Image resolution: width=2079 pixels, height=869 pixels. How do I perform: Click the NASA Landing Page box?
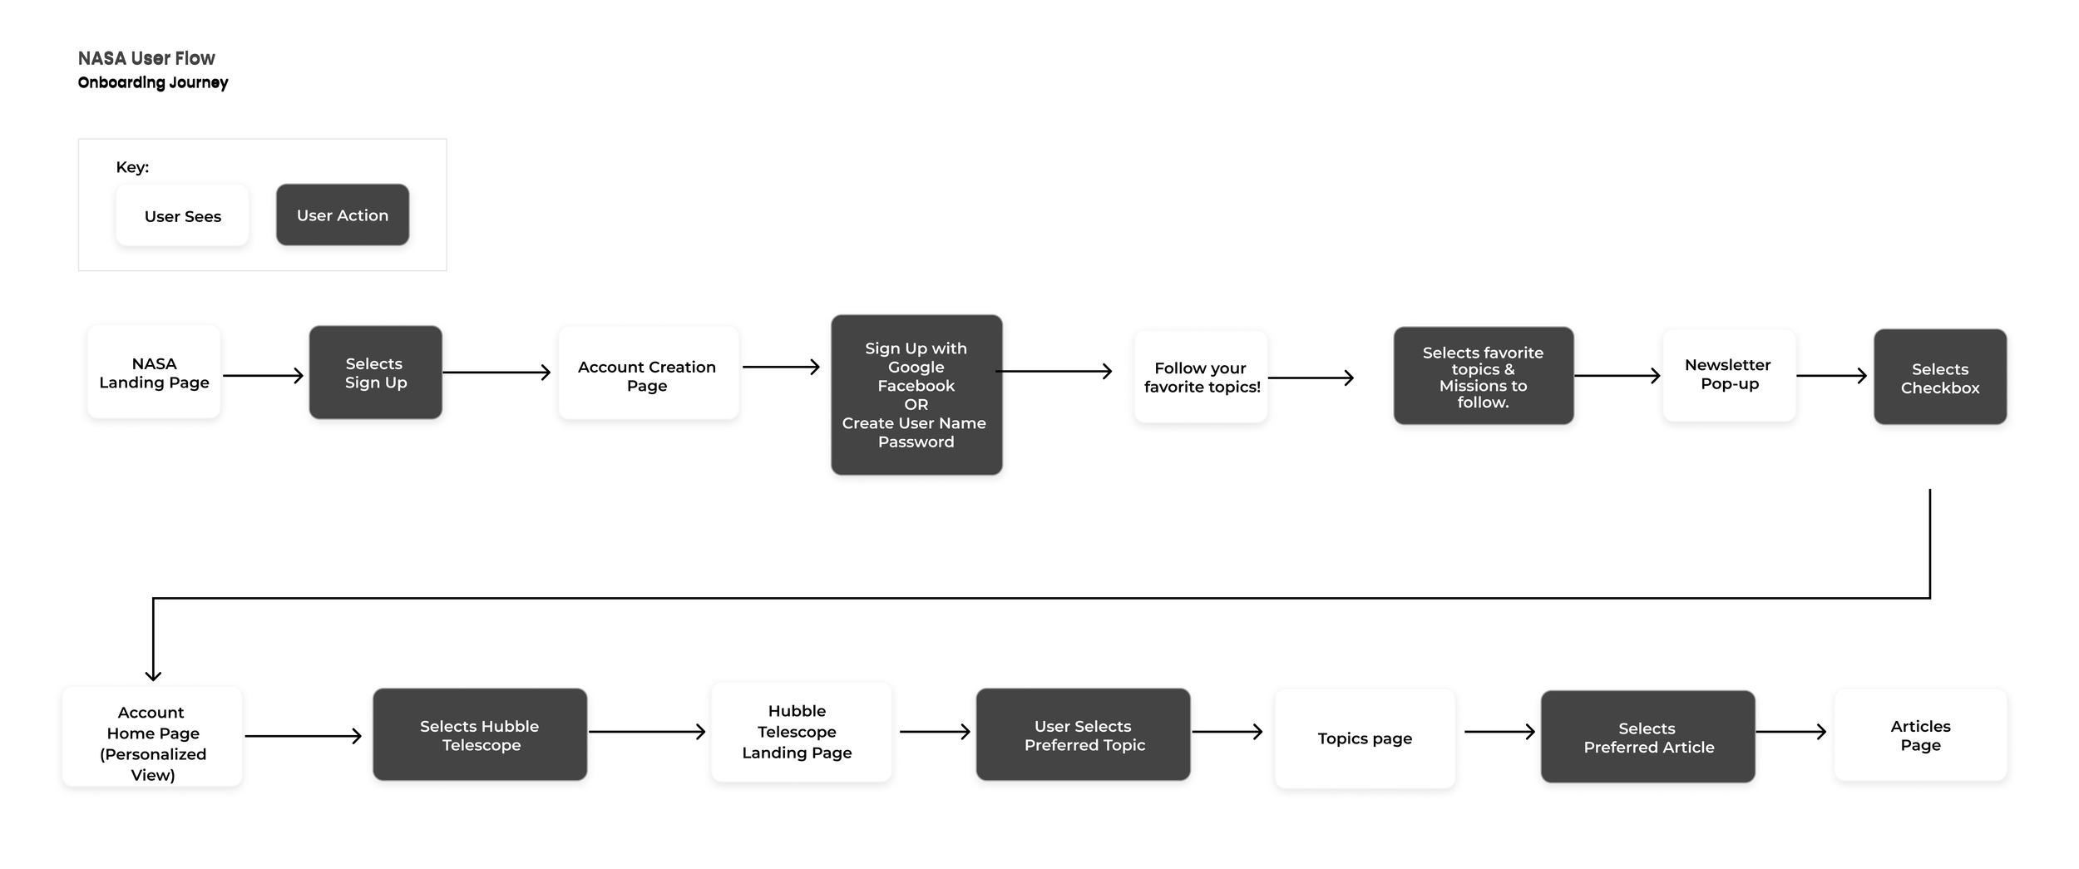coord(154,372)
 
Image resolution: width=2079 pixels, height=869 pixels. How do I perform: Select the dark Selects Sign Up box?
coord(376,372)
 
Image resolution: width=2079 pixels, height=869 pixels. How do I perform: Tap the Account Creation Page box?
coord(649,373)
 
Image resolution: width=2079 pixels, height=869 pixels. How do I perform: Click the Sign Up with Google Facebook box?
coord(916,395)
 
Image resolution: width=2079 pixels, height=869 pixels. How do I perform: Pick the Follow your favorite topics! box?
coord(1201,377)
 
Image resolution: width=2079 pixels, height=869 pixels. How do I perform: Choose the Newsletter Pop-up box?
coord(1729,375)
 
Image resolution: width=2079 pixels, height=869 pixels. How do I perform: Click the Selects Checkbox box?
coord(1940,377)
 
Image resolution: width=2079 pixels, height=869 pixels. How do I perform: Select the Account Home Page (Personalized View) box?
coord(152,737)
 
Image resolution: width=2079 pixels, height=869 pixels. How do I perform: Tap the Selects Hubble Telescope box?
coord(480,734)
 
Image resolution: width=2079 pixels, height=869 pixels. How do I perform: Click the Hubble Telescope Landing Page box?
coord(802,732)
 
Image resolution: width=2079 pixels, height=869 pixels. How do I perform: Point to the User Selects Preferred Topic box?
coord(1084,734)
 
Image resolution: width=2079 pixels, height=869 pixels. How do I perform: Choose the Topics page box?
coord(1365,738)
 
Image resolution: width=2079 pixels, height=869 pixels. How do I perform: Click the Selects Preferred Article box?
coord(1648,737)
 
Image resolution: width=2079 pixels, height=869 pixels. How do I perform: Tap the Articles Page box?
coord(1921,735)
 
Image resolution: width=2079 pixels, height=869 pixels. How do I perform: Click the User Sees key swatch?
coord(182,215)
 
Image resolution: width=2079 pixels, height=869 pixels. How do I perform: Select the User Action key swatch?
coord(343,215)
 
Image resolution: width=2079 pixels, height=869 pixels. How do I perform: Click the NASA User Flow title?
coord(146,58)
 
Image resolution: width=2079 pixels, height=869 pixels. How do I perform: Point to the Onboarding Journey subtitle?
coord(153,82)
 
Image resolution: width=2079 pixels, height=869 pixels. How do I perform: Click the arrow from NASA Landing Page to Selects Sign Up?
coord(264,376)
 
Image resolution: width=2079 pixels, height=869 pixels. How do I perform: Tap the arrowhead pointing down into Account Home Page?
coord(153,676)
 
